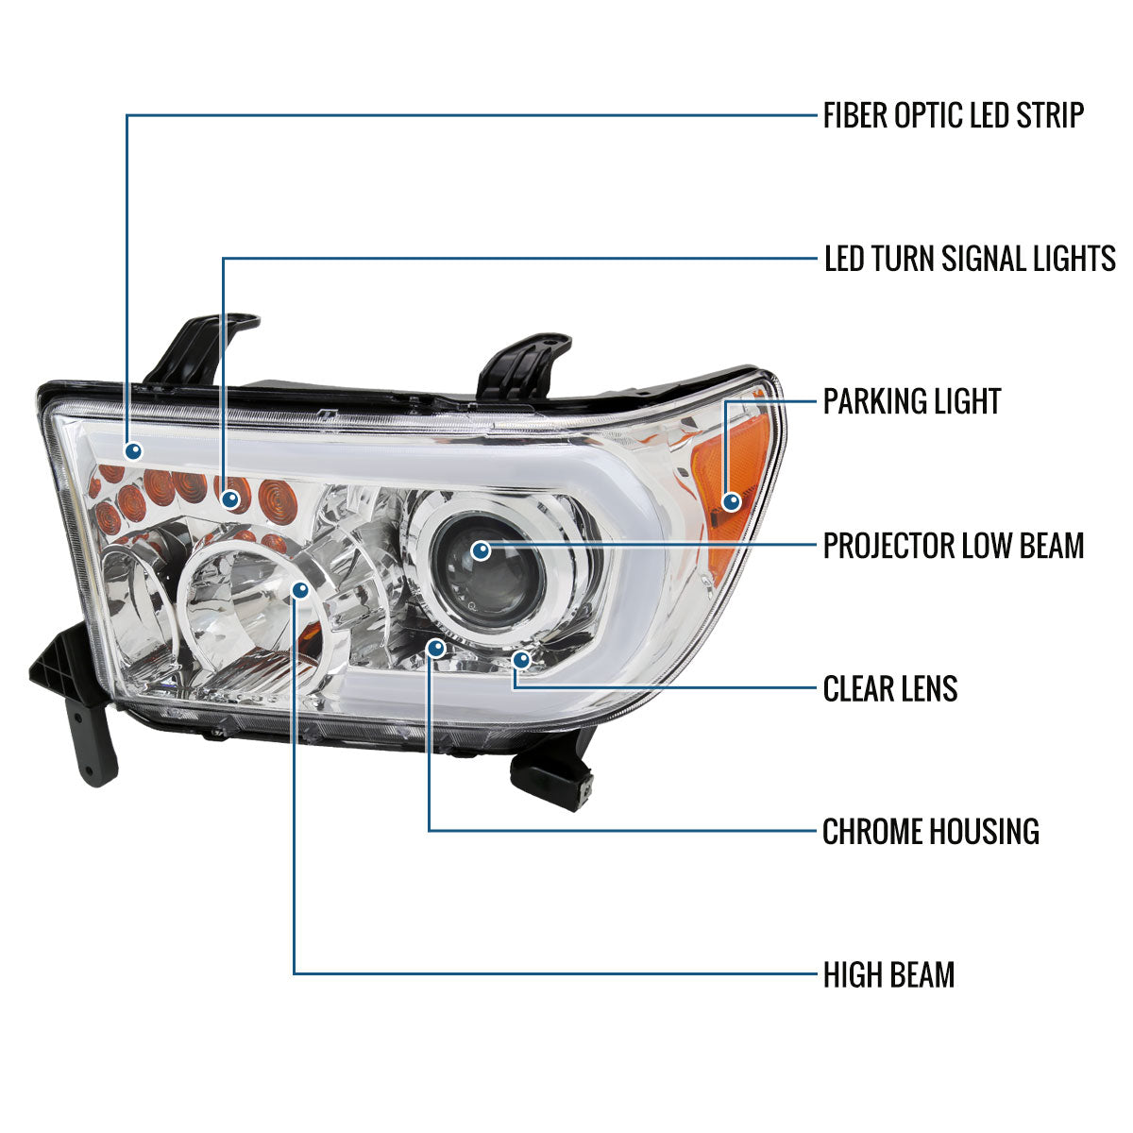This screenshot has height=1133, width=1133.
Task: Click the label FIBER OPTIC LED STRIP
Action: click(x=953, y=116)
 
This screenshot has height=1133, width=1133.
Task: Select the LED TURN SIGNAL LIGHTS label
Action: click(x=970, y=258)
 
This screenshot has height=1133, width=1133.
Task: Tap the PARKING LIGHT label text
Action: click(x=911, y=401)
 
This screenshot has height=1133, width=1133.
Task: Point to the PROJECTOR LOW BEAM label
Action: click(x=953, y=546)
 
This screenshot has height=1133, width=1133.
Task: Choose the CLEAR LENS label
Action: click(x=889, y=689)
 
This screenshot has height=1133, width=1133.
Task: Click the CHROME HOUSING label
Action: click(x=930, y=832)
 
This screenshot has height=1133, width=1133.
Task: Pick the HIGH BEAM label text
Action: click(x=888, y=974)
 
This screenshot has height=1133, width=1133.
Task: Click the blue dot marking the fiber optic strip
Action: click(x=133, y=449)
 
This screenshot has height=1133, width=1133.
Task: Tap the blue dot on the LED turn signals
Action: click(x=229, y=497)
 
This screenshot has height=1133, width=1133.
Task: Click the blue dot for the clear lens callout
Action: click(x=521, y=659)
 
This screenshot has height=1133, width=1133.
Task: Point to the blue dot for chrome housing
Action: click(x=434, y=648)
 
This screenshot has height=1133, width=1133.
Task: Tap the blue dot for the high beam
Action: click(x=300, y=590)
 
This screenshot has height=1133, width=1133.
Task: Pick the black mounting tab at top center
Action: click(x=524, y=364)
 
